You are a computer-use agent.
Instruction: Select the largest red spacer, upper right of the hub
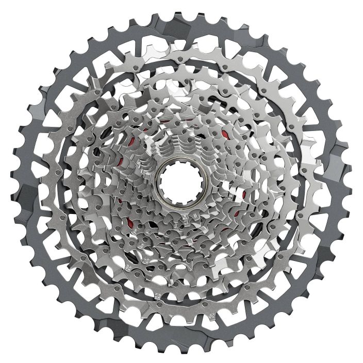pos(225,136)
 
